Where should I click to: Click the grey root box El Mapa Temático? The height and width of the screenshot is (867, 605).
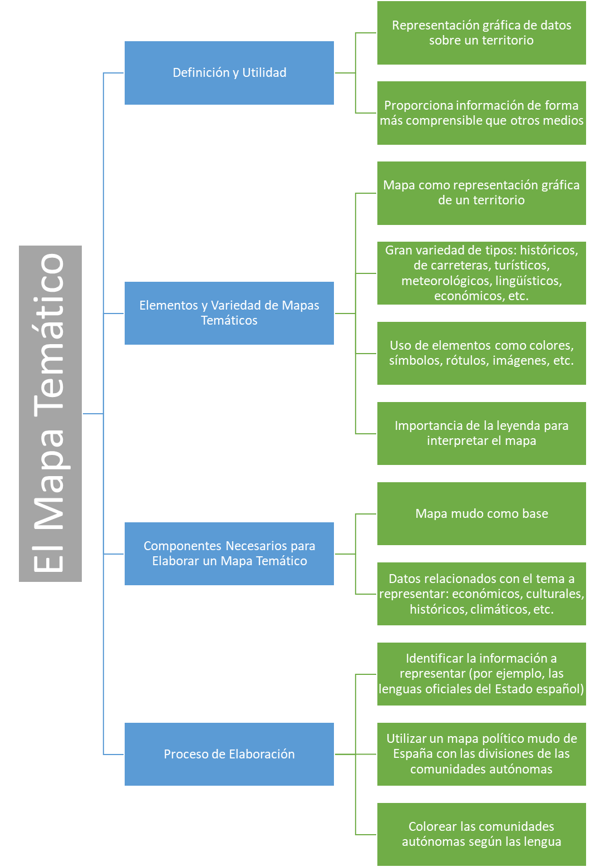[50, 413]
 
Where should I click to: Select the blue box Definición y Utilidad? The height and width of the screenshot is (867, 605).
[229, 73]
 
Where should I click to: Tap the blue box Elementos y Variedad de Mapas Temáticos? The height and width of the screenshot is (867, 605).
[229, 313]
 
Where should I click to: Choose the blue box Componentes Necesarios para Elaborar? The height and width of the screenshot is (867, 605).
[229, 553]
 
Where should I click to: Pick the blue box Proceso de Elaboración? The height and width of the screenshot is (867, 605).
[229, 754]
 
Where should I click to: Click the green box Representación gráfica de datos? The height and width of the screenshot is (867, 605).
[481, 33]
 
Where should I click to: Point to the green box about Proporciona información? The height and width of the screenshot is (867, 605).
[481, 113]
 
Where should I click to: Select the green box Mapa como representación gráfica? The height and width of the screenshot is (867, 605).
[481, 193]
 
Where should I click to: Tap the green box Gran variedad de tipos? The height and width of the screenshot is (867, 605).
[481, 273]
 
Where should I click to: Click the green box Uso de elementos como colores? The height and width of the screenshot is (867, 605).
[481, 354]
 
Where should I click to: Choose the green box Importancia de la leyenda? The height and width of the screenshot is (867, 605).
[481, 433]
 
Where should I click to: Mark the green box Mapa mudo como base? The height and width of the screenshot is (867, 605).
[481, 513]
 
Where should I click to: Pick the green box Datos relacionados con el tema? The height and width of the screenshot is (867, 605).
[481, 594]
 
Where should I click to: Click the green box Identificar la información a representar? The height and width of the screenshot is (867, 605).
[481, 674]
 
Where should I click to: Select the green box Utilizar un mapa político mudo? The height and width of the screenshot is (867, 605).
[481, 754]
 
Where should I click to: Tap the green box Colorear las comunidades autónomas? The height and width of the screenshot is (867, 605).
[481, 834]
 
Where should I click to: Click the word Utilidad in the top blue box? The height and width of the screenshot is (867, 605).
[264, 73]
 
